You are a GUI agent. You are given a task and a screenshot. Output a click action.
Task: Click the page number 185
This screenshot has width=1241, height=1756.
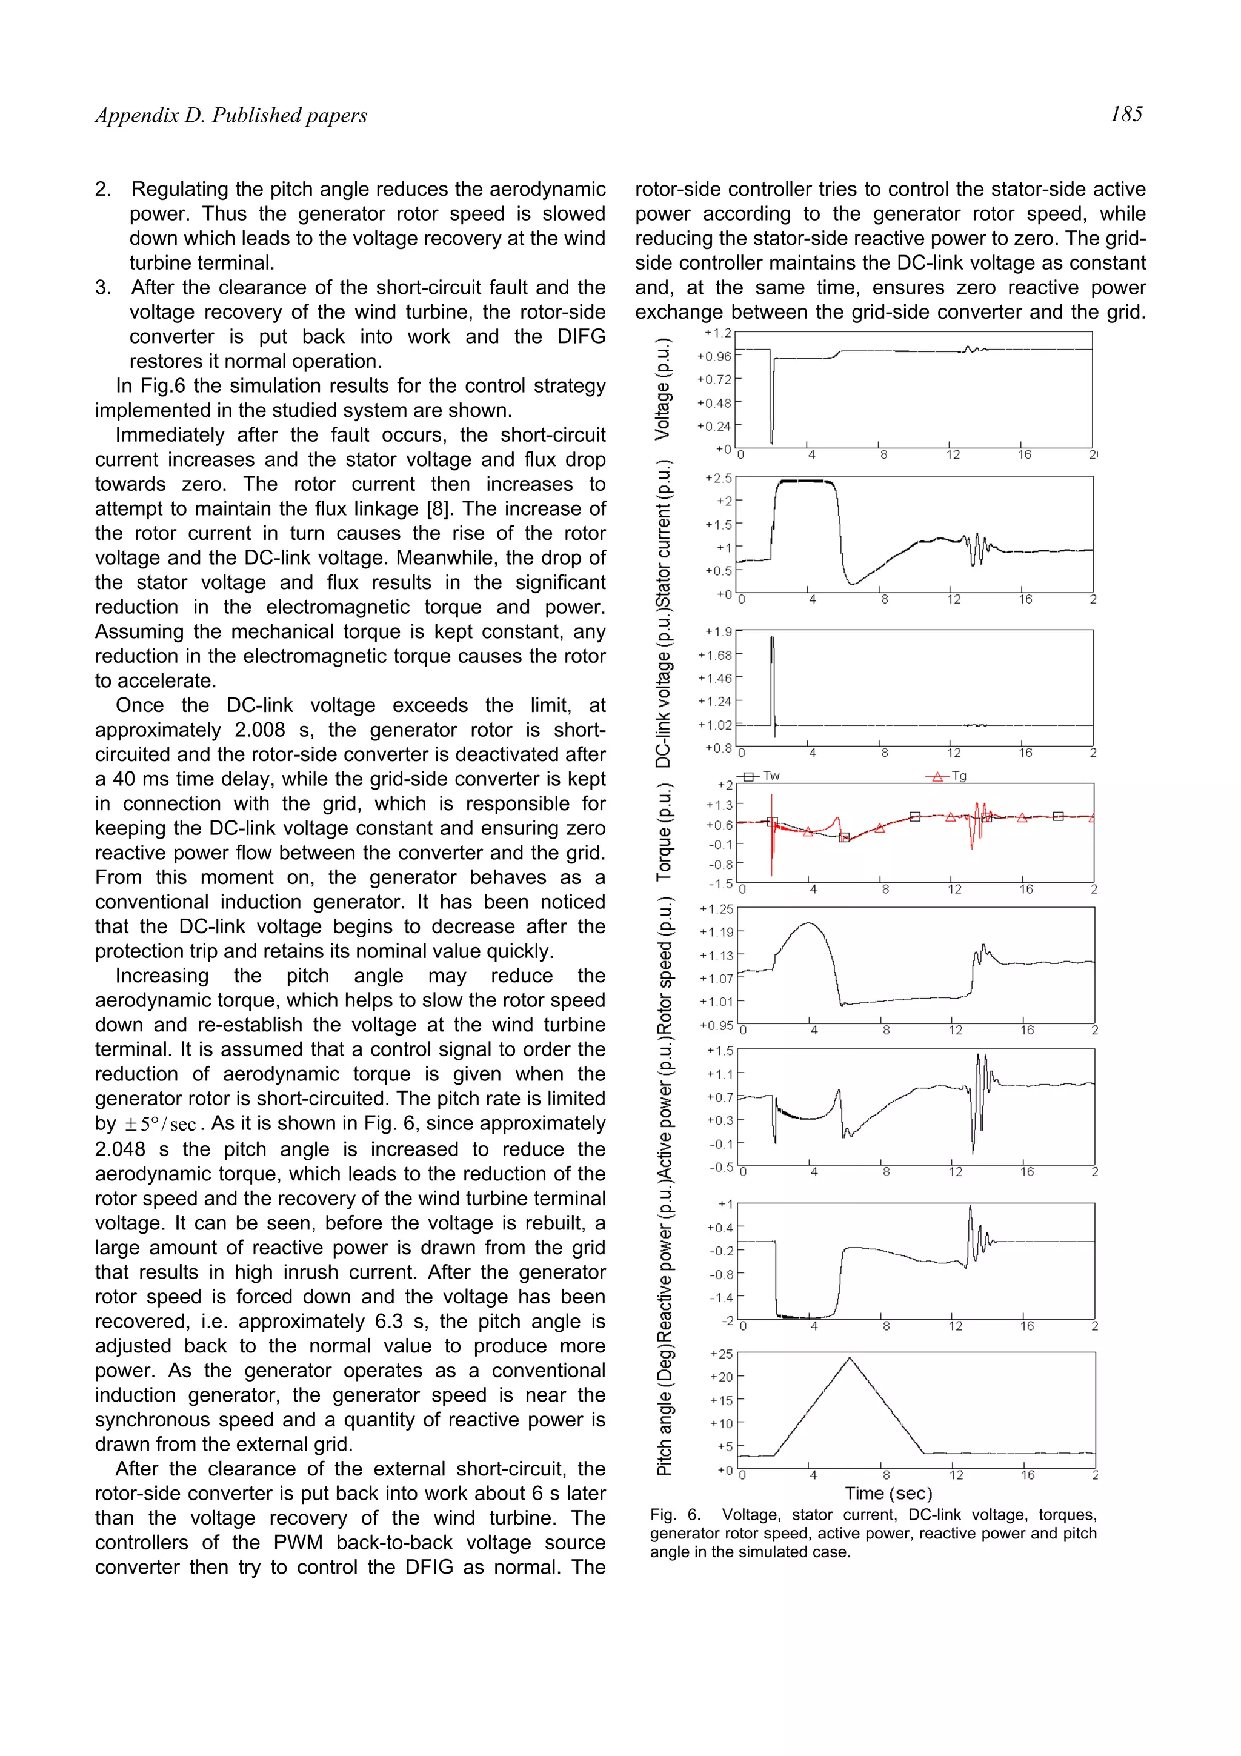1126,115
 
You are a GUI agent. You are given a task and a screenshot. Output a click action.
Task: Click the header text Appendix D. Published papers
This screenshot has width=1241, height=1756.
231,116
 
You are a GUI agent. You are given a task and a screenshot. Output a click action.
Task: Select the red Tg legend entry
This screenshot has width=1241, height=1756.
949,776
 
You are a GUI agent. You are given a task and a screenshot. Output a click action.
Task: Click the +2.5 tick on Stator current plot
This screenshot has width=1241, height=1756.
718,478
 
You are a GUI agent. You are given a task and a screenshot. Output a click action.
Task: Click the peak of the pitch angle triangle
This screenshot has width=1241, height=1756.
849,1357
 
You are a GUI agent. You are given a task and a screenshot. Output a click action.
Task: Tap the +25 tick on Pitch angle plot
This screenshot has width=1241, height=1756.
720,1354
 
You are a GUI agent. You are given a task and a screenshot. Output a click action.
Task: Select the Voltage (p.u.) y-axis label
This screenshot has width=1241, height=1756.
662,388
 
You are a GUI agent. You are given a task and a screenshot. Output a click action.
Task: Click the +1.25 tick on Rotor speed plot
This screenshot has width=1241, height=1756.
716,908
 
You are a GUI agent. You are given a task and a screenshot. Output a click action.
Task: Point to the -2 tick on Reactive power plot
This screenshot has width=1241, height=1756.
727,1321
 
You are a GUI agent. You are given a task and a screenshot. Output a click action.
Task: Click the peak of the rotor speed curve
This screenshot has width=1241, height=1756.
809,924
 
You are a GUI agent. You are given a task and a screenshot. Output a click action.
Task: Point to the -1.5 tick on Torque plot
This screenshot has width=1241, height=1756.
719,884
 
